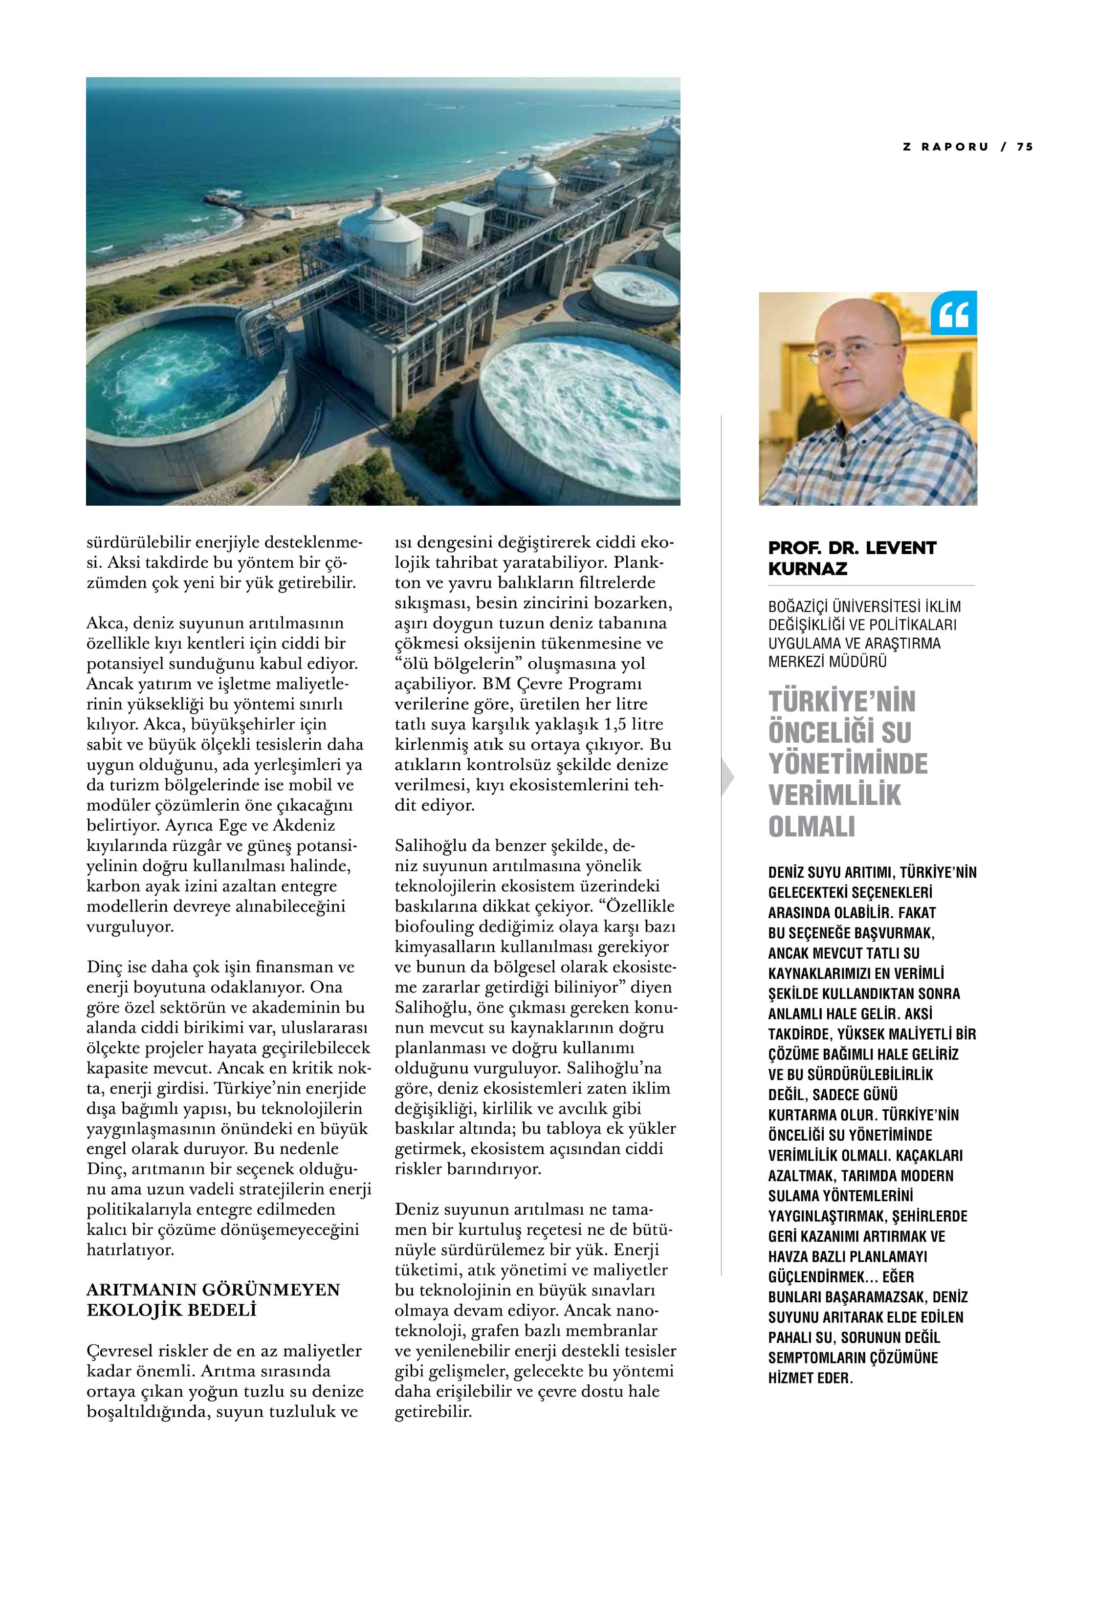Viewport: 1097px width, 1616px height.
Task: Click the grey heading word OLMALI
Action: pos(811,827)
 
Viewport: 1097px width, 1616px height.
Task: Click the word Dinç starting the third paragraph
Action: pos(104,967)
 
